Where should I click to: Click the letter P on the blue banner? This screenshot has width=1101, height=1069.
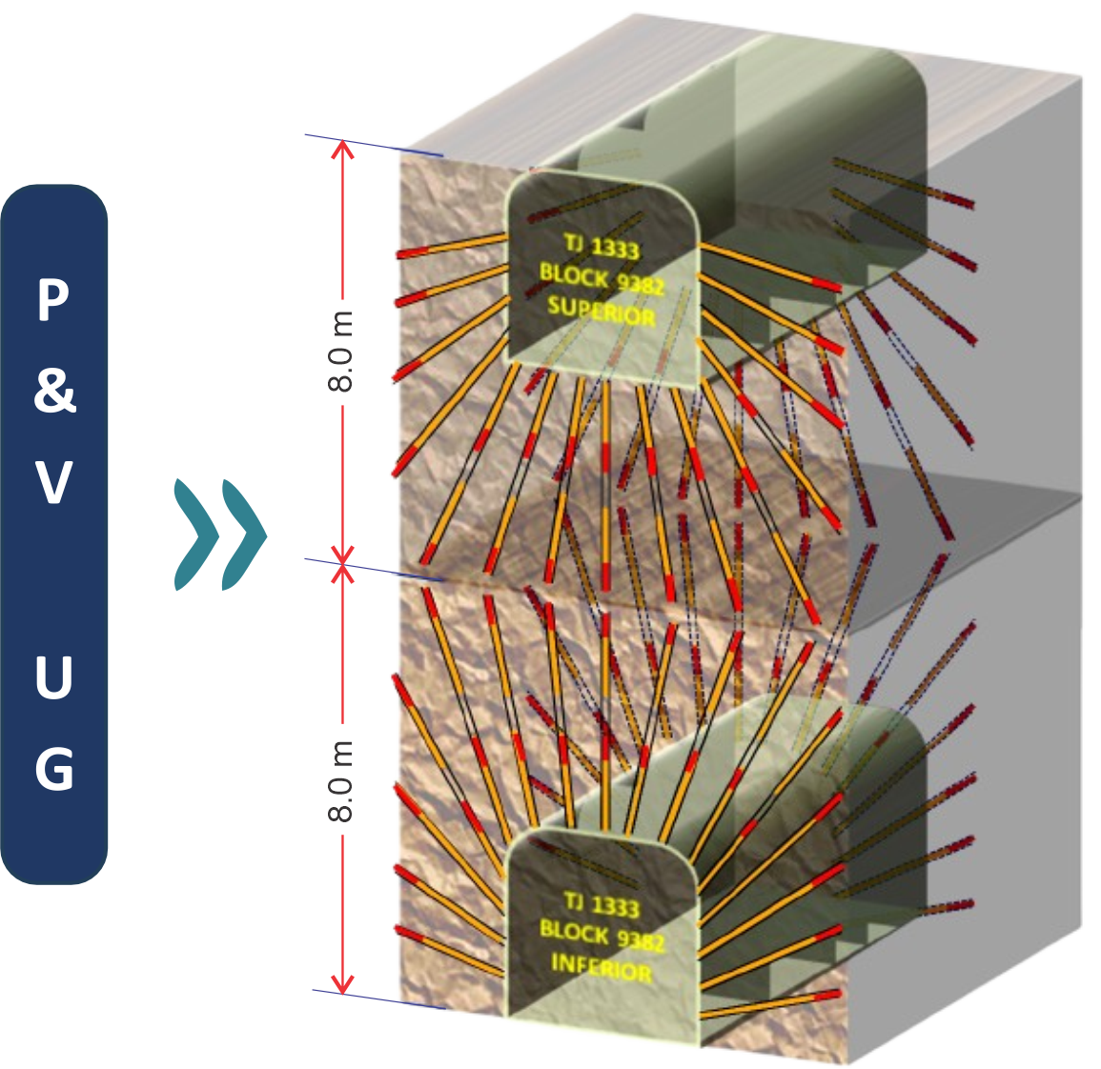point(53,301)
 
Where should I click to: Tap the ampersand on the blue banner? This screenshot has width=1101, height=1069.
point(54,391)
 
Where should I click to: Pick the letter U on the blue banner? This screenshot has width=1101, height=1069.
point(54,677)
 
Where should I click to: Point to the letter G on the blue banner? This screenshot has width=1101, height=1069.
point(54,768)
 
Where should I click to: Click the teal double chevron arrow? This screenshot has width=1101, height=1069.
point(220,534)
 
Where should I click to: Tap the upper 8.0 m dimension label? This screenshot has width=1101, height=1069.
point(340,351)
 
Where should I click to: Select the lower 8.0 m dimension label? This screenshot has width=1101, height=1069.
point(340,780)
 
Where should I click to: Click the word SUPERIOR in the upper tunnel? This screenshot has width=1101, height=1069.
point(601,311)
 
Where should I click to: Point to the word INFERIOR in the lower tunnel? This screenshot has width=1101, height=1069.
point(601,967)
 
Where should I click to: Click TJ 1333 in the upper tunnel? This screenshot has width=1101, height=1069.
point(601,246)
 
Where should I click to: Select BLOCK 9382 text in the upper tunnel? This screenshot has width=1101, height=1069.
point(601,278)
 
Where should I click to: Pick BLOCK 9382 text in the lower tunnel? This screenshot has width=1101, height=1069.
point(601,936)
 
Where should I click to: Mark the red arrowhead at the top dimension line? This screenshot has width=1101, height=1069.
point(342,150)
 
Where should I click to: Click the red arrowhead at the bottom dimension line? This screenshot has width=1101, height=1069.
point(342,982)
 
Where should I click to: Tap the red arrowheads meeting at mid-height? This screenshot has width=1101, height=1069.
point(342,563)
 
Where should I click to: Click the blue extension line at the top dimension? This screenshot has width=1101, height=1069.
point(373,145)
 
